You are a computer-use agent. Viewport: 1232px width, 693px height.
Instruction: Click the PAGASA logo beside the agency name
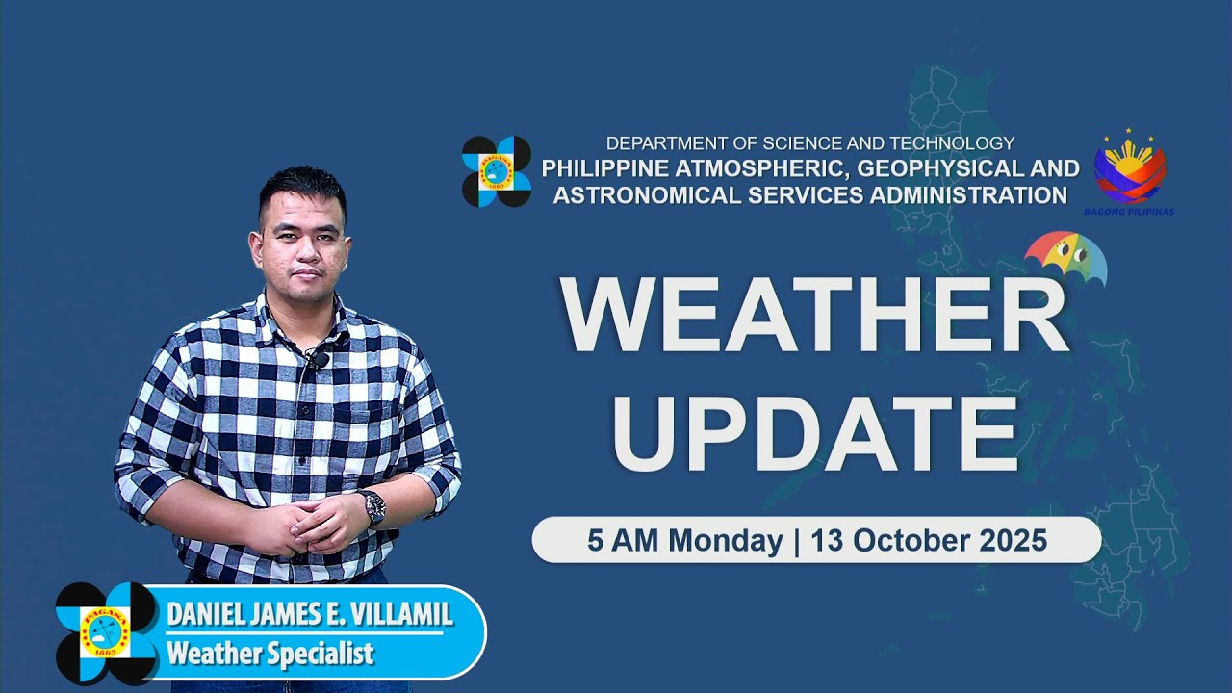(497, 171)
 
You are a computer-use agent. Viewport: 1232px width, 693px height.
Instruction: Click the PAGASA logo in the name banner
(106, 632)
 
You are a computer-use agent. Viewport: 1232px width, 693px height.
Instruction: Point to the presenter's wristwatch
(372, 506)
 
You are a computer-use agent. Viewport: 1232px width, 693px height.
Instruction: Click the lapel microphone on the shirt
(316, 361)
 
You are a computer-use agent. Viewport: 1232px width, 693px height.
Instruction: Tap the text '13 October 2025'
(929, 541)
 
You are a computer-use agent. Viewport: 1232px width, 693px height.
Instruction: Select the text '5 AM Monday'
(684, 541)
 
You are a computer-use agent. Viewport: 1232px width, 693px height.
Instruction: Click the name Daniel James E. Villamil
(309, 614)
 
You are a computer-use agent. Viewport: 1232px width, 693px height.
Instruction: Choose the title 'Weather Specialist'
(269, 654)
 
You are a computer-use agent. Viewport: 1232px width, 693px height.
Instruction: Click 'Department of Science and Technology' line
(809, 143)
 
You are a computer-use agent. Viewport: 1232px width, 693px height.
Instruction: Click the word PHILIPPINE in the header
(603, 168)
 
